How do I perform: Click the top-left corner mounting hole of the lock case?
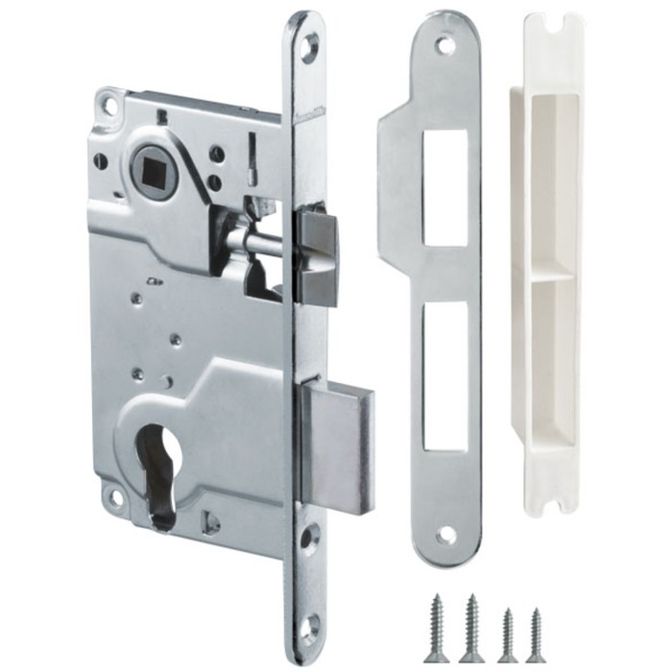(x=108, y=106)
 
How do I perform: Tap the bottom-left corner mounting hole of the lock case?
(x=115, y=497)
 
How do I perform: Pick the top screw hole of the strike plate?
(x=444, y=44)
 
